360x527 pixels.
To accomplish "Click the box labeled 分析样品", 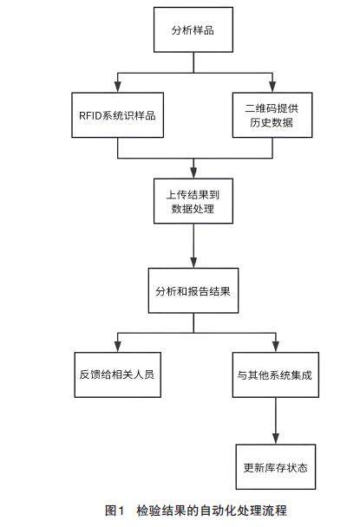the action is coord(193,30).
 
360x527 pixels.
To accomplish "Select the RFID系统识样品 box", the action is coord(117,115).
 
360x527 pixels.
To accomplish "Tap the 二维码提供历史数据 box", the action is coord(272,115).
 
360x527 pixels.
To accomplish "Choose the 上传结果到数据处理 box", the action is coord(193,201).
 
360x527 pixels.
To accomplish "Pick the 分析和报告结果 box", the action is coord(193,290).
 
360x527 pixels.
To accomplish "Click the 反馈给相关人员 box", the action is coord(117,374).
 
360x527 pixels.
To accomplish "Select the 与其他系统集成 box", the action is coord(276,374).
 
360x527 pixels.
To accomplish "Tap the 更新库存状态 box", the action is coord(276,467).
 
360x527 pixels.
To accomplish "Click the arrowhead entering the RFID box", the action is coord(117,87).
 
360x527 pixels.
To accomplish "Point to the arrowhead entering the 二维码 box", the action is coord(272,87).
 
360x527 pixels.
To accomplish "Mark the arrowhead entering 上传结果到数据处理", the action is coord(193,172).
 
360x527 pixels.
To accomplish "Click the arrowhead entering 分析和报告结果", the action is coord(193,263).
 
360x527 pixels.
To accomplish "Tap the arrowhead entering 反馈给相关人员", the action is coord(117,347).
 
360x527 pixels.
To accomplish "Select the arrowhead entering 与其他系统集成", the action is coord(276,347).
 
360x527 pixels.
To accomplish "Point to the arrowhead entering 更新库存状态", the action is coord(276,439).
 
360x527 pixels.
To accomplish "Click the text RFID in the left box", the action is coord(90,115).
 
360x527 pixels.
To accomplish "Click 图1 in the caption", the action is coord(115,511).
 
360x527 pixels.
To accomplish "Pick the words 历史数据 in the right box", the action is coord(272,122).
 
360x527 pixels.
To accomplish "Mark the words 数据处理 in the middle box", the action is coord(193,208).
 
